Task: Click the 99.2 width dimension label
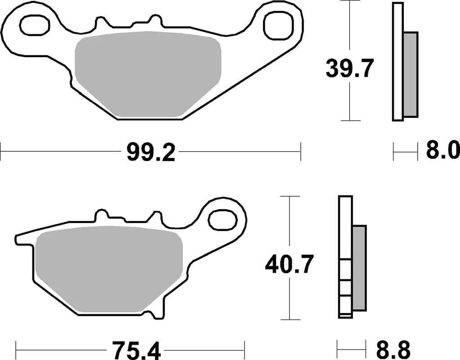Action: tap(150, 153)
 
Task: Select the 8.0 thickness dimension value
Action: tap(442, 151)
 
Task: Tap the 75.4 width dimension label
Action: tap(130, 349)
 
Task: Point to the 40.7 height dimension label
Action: tap(289, 264)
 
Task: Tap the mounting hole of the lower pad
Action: tap(222, 220)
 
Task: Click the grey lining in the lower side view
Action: tap(359, 267)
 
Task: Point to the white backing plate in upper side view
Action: tap(397, 62)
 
